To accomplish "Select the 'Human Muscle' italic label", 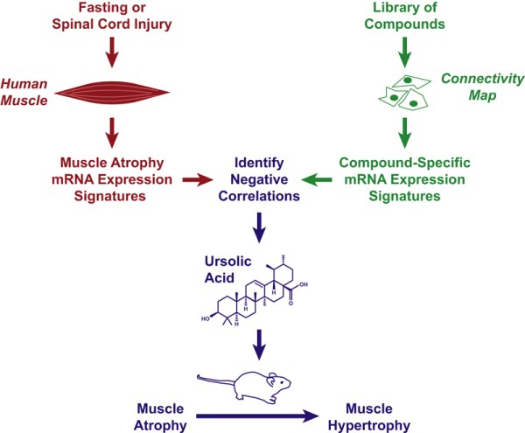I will (29, 94).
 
